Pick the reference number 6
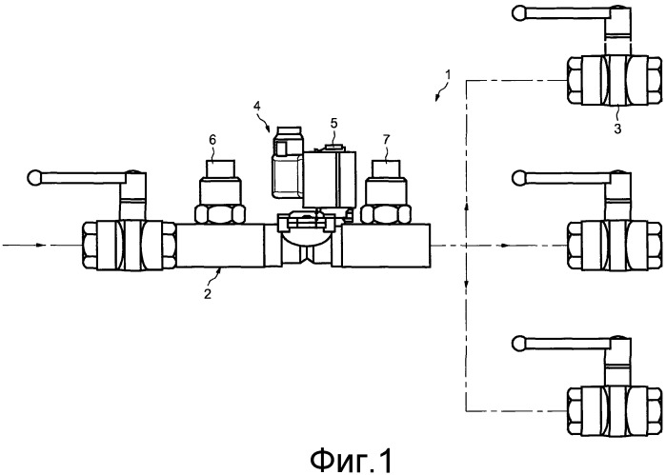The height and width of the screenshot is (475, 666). (x=212, y=139)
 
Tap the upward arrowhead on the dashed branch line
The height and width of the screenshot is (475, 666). (x=465, y=201)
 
